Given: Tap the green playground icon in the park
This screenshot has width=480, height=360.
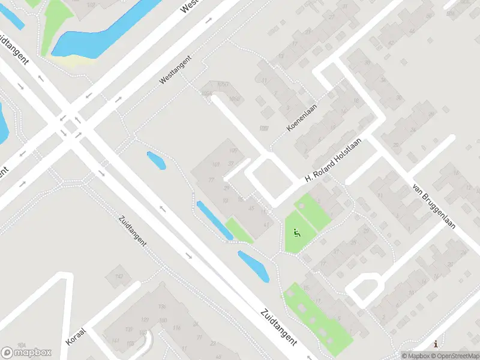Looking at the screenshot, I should [295, 232].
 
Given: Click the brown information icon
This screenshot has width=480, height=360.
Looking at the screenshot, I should [436, 344].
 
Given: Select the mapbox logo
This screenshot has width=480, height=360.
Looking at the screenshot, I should [26, 352].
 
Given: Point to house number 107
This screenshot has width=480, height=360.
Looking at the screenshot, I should [263, 128].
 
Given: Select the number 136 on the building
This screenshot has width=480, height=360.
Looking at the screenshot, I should [161, 307].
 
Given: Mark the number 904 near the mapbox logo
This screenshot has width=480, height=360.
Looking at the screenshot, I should [22, 344].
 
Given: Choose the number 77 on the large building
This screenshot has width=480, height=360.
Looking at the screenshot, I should [211, 179].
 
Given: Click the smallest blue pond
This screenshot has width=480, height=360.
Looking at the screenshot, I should [156, 160].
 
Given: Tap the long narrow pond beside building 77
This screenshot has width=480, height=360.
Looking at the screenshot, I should [214, 220].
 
